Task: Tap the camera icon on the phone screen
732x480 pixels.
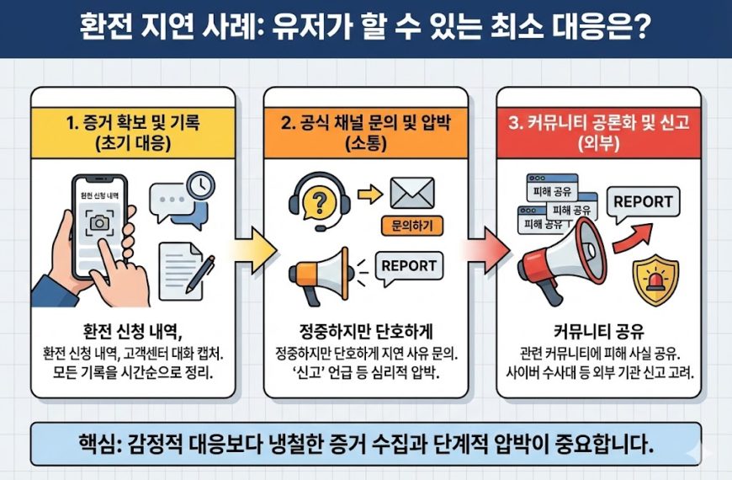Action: (x=99, y=222)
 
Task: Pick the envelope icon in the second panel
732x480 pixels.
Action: (x=411, y=195)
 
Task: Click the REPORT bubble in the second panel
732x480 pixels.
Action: (x=409, y=267)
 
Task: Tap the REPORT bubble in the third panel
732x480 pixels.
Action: (x=643, y=203)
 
